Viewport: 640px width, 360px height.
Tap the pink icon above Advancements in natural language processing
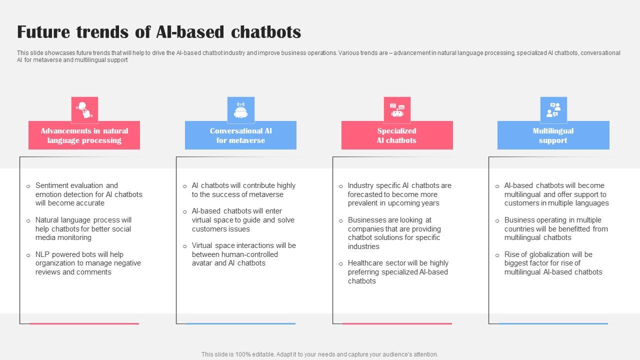(x=84, y=109)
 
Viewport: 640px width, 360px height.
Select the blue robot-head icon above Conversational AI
(x=241, y=109)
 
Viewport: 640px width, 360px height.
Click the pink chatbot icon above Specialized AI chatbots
(x=397, y=109)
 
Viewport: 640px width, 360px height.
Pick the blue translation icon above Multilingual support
(x=553, y=109)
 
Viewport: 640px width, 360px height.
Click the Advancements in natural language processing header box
(x=84, y=135)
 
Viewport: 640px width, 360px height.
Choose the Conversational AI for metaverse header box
(x=240, y=135)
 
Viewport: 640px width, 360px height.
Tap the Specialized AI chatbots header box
(x=397, y=135)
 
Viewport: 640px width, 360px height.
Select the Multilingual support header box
(x=553, y=135)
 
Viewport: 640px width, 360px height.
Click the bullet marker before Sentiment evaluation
(x=28, y=186)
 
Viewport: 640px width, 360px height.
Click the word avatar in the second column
(x=202, y=263)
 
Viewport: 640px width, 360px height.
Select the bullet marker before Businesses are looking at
(x=341, y=221)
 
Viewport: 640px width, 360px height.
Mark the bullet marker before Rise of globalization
(x=497, y=255)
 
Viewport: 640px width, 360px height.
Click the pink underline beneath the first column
(x=84, y=323)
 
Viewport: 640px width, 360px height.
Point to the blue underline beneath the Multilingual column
(x=553, y=323)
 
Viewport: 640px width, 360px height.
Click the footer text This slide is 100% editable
(x=319, y=354)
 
